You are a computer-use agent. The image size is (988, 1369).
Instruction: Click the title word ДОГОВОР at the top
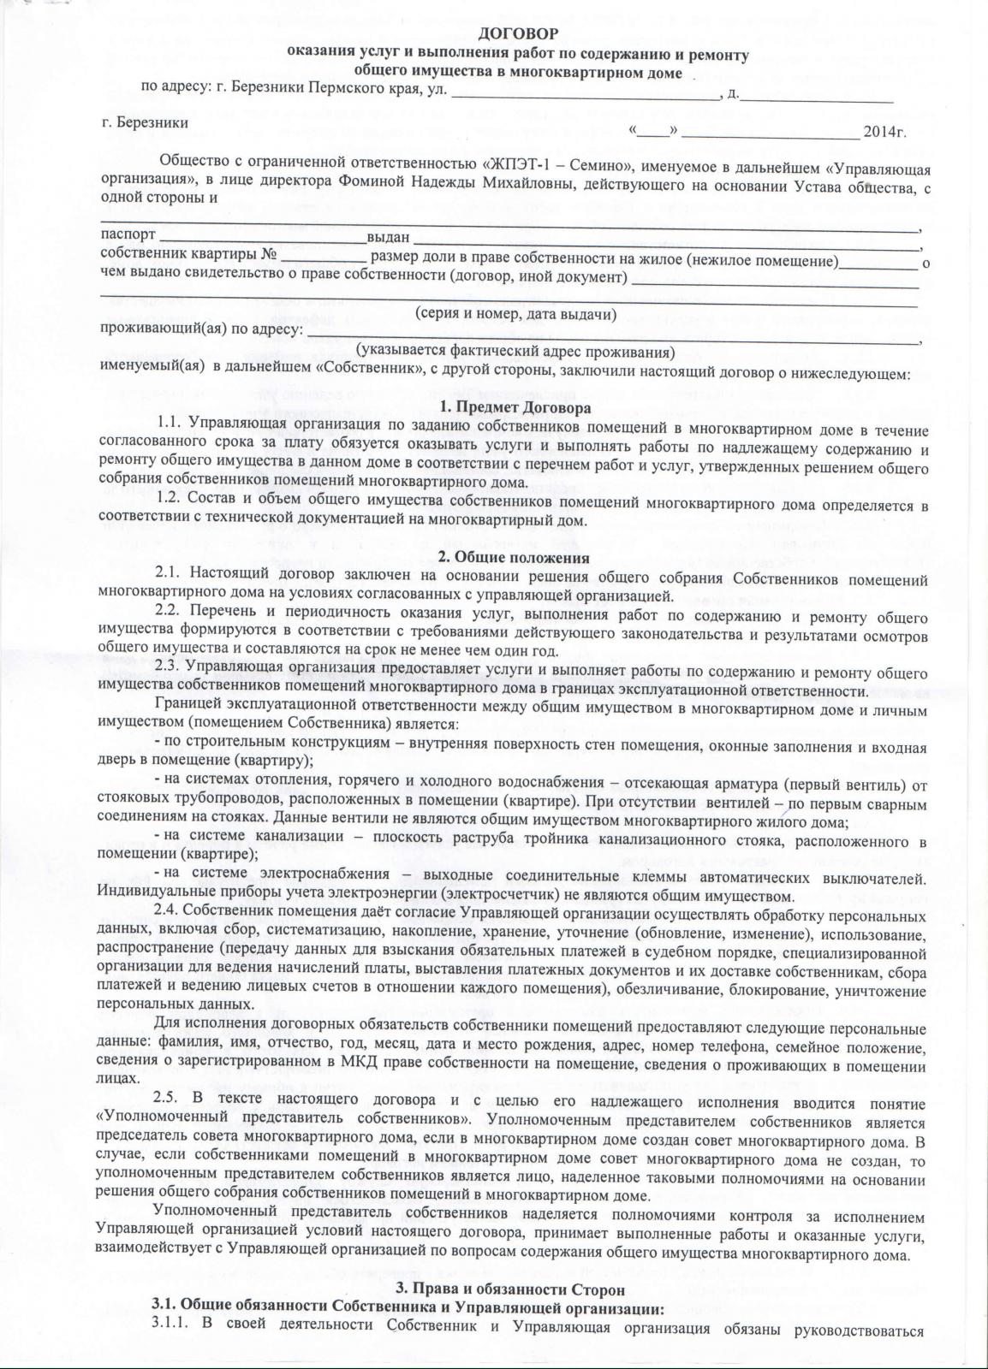(517, 34)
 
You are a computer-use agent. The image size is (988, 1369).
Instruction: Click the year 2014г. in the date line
(884, 133)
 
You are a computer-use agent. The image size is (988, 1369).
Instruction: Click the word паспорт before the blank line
(128, 235)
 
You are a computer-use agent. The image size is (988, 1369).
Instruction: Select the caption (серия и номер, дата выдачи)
(515, 314)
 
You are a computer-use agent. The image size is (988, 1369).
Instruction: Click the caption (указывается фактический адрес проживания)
(515, 351)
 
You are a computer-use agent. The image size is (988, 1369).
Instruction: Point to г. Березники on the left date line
(145, 121)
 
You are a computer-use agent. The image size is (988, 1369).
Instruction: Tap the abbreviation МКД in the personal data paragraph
(347, 1062)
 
